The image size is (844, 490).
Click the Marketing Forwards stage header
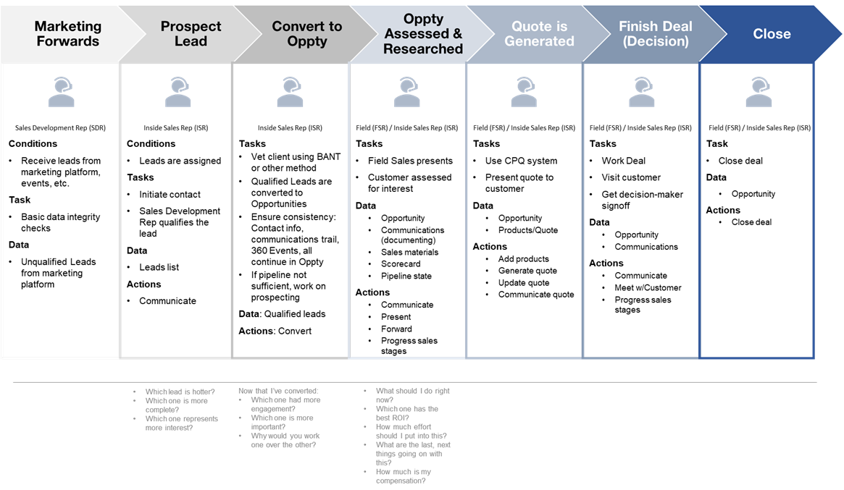coord(67,34)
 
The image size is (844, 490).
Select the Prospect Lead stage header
coord(191,34)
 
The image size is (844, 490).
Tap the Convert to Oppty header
coord(306,34)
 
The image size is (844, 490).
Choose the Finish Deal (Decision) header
coord(655,34)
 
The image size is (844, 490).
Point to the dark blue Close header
coord(772,34)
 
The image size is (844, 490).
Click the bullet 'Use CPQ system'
coord(521,161)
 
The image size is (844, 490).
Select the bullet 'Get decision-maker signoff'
coord(642,200)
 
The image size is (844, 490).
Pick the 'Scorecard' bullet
coord(401,264)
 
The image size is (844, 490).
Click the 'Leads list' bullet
coord(159,267)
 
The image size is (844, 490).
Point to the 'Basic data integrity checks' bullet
coord(60,222)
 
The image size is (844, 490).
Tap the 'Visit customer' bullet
coord(631,177)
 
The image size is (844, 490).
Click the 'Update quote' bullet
coord(523,283)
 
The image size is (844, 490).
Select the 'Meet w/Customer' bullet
coord(648,287)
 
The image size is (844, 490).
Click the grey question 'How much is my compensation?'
coord(403,476)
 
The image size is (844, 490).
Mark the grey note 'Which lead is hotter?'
coord(180,392)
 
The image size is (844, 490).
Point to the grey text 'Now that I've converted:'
coord(278,391)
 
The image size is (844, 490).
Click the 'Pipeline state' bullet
coord(406,276)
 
